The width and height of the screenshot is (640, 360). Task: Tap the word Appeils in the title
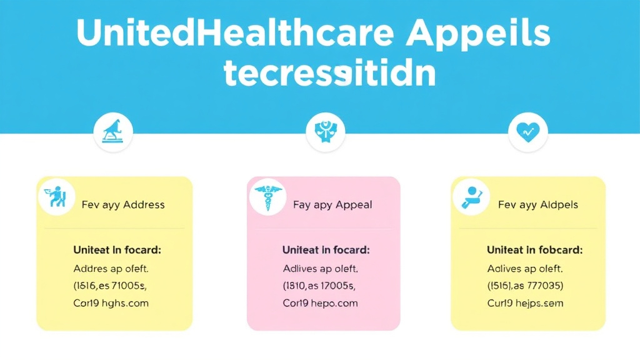tap(478, 32)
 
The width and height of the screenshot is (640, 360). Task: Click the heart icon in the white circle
tap(527, 132)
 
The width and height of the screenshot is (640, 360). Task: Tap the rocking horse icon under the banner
tap(113, 132)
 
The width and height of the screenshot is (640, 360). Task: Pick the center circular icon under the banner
tap(326, 132)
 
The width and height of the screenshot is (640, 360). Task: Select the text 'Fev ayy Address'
tap(123, 204)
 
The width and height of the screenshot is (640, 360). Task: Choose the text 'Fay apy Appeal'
tap(332, 204)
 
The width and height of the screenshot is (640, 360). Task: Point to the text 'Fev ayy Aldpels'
tap(537, 204)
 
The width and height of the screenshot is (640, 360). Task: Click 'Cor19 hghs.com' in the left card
tap(111, 303)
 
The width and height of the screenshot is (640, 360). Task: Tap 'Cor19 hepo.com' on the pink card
tap(320, 303)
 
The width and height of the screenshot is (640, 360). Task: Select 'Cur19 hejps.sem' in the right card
tap(525, 303)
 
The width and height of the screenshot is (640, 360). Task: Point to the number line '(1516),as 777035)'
tap(526, 286)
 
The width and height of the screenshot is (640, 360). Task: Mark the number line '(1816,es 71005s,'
tap(111, 286)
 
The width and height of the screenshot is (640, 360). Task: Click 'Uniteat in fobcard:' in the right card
tap(534, 250)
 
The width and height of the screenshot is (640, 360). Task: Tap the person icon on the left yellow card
tap(56, 197)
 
